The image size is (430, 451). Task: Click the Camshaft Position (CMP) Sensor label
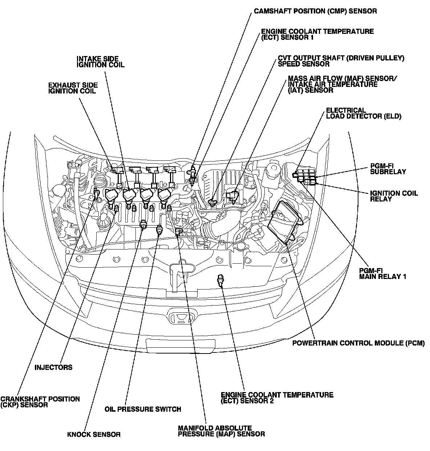tap(315, 11)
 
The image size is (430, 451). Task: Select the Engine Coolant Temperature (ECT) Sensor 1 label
tap(317, 34)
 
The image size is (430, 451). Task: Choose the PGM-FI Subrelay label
tap(388, 169)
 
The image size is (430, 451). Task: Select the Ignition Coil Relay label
tap(394, 196)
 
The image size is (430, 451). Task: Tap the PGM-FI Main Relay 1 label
tap(382, 274)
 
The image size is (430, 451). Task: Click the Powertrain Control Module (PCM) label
tap(358, 343)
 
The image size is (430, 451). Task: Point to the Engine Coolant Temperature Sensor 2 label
tap(277, 398)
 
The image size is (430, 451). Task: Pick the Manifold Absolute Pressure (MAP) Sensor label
tap(221, 431)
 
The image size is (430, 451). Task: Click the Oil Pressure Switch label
tap(142, 409)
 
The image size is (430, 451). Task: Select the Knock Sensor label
tap(94, 434)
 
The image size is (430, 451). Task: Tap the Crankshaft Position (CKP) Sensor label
tap(40, 402)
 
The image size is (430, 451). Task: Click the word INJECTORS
tap(53, 367)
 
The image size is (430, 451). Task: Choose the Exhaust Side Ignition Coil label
tap(73, 88)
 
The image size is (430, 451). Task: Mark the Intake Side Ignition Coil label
tap(100, 61)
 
